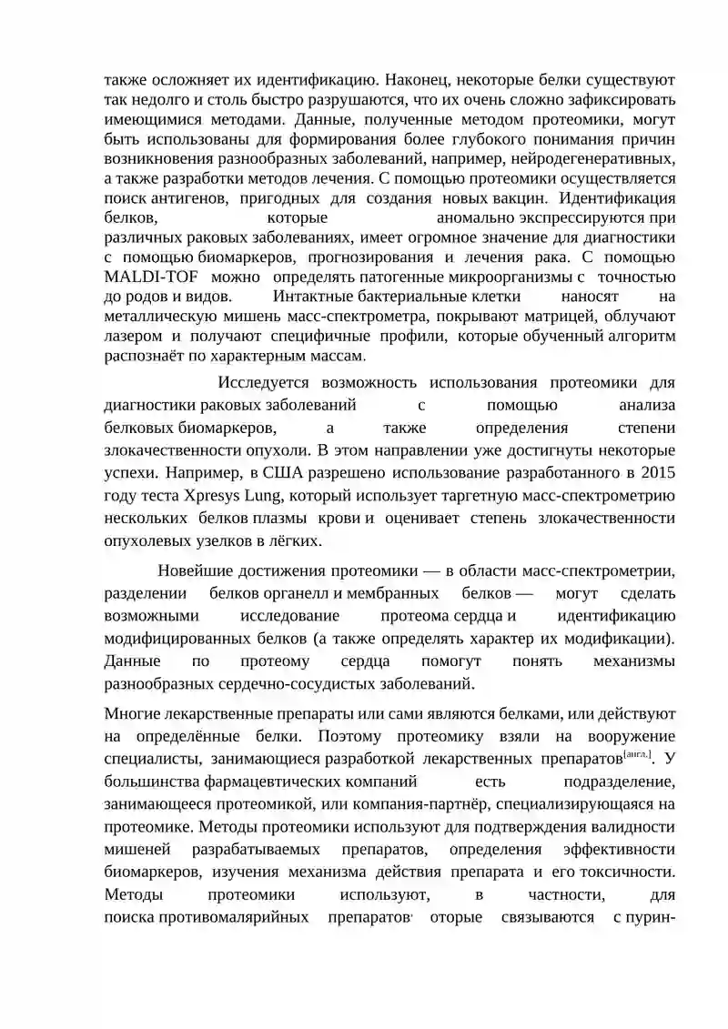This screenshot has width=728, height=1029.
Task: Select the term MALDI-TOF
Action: tap(148, 277)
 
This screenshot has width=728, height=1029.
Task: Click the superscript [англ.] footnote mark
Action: tap(637, 755)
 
